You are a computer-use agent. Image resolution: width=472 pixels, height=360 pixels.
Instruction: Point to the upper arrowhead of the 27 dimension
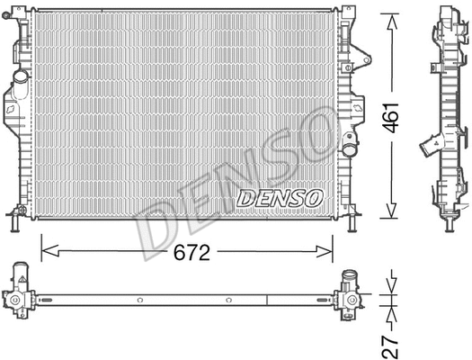[x=388, y=287]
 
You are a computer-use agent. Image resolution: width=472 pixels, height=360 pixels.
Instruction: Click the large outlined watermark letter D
[x=166, y=225]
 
